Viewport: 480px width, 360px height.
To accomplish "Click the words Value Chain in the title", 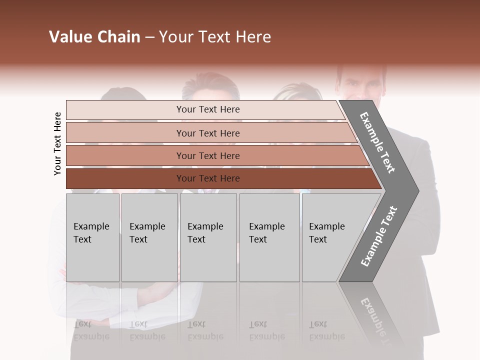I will tap(94, 37).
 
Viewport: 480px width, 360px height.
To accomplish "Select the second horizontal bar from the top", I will tap(208, 133).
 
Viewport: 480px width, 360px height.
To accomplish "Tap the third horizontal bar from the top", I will tap(208, 155).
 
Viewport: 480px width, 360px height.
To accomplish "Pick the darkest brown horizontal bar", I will tap(208, 178).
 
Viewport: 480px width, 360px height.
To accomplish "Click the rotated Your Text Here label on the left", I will tap(57, 143).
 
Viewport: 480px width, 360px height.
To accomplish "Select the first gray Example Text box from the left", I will tap(92, 237).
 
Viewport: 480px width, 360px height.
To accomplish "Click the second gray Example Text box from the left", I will tap(149, 237).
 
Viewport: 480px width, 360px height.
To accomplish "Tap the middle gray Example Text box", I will tap(208, 237).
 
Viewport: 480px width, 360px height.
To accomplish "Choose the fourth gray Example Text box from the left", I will tap(269, 237).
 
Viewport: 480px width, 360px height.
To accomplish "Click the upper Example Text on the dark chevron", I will tap(378, 142).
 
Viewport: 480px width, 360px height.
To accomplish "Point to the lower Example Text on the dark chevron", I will tap(378, 236).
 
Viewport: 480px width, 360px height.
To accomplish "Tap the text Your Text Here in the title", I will tap(215, 37).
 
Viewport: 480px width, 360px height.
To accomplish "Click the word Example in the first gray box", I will tap(91, 226).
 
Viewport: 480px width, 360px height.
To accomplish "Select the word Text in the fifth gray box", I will tap(317, 239).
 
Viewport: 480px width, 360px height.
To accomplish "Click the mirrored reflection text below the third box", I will tap(205, 330).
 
